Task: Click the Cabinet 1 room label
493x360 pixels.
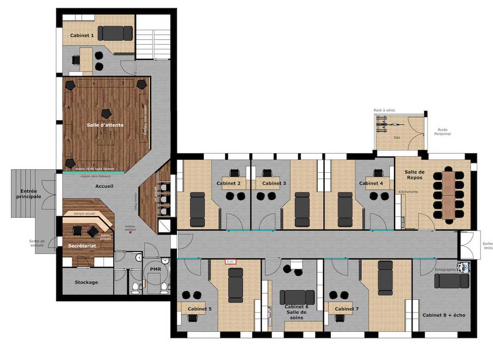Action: point(82,35)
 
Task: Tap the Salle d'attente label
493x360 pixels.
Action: point(105,125)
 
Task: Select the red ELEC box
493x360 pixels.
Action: point(230,261)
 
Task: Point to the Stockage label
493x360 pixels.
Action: point(86,283)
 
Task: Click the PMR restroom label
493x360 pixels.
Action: point(156,269)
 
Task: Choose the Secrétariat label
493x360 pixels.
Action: point(82,246)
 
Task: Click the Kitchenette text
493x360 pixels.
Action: point(408,192)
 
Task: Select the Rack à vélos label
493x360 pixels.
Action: point(385,110)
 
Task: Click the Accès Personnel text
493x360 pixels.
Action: point(442,132)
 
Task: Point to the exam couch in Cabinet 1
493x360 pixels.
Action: point(115,34)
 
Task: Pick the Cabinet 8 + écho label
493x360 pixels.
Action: point(444,315)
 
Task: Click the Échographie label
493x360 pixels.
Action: point(445,270)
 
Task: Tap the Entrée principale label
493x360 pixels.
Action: point(29,193)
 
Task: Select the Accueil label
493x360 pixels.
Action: point(104,186)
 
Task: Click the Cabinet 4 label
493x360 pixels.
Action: point(371,183)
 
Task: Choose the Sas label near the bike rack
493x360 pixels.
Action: point(397,137)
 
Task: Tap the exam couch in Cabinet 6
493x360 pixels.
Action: point(297,297)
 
